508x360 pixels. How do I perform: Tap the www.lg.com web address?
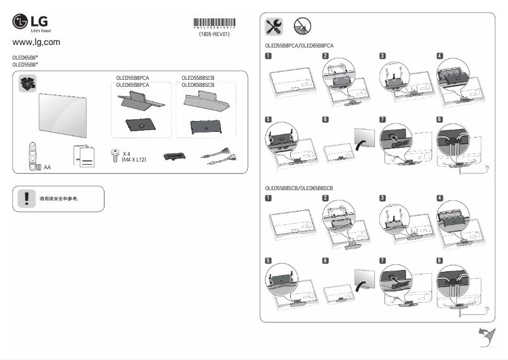[x=36, y=42]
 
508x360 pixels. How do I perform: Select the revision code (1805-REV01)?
[x=214, y=35]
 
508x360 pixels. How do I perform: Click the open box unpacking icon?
[x=29, y=84]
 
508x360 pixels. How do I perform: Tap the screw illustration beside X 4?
[x=115, y=156]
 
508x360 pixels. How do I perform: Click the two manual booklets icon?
[x=84, y=156]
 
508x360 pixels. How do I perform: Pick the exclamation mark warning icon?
[x=27, y=198]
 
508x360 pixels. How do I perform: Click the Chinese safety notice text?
[x=59, y=198]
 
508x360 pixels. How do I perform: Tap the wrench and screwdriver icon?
[x=274, y=26]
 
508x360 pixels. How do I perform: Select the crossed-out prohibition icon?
[x=303, y=26]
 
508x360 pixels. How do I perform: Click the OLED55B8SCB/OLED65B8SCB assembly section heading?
[x=298, y=189]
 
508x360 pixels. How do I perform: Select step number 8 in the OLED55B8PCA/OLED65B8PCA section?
[x=440, y=119]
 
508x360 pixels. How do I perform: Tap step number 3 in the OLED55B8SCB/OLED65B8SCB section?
[x=383, y=198]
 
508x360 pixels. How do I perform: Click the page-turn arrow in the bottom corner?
[x=486, y=337]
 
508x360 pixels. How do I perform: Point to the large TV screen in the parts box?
[x=63, y=115]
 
